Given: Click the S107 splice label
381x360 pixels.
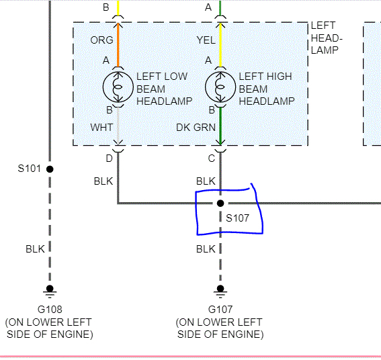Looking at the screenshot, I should coord(237,218).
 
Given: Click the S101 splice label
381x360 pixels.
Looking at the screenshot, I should coord(30,168).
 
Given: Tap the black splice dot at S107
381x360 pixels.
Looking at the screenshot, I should coord(220,203).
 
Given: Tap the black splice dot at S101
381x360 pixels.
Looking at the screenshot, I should coord(50,169).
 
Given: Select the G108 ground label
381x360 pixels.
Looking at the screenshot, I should coord(49,310).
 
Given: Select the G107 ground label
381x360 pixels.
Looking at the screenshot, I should coord(220,310).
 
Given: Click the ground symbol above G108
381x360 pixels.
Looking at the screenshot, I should coord(50,290).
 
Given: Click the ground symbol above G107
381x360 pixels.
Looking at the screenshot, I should coord(220,290).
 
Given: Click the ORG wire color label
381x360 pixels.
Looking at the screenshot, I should coord(101,40).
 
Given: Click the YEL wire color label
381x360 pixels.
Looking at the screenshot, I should coord(206,40).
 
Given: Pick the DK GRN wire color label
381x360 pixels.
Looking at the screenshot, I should coord(197,126).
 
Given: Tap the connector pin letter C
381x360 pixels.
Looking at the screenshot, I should coord(211,158).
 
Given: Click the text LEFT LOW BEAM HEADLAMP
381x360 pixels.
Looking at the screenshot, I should coord(164,89).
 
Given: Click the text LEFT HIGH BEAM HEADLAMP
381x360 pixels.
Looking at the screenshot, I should coord(267,89).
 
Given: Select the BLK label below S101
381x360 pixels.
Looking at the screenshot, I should coord(35,249).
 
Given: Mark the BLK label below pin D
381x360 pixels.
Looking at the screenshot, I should coord(103,181).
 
